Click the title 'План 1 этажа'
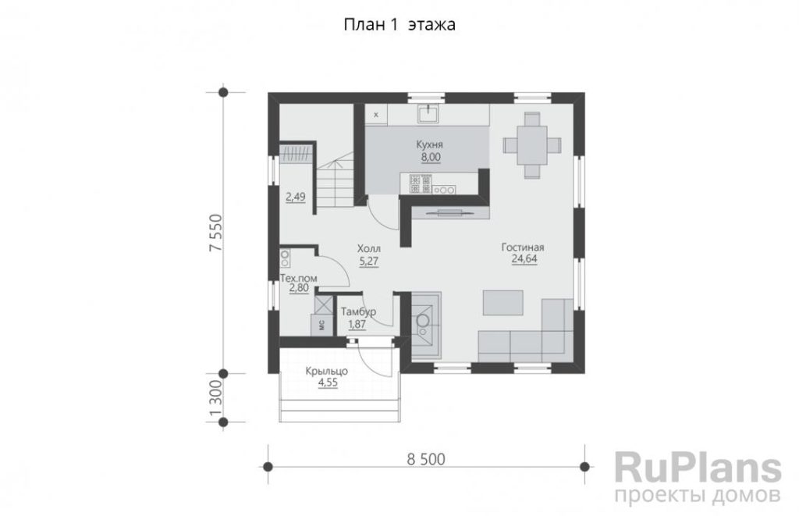[399, 24]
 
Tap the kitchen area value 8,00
[431, 158]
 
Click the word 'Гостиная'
[523, 247]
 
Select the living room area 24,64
[524, 259]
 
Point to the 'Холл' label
[369, 249]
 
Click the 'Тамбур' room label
[359, 311]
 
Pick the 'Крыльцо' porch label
[327, 372]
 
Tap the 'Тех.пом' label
[299, 279]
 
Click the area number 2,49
[296, 198]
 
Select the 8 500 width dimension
[426, 459]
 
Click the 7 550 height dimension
[215, 233]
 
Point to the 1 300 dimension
[215, 398]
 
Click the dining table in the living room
[532, 145]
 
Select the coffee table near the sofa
[503, 303]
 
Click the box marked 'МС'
[321, 326]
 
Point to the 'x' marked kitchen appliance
[376, 115]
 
